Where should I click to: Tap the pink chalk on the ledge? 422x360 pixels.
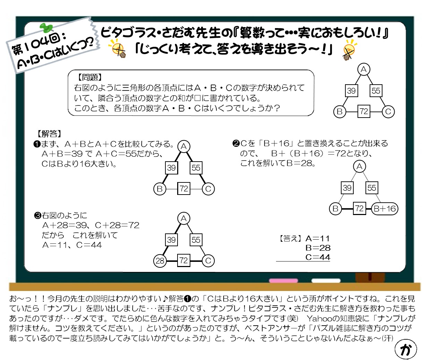coord(283,281)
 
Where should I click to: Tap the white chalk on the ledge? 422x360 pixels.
coord(326,281)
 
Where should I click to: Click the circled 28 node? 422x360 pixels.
coord(160,261)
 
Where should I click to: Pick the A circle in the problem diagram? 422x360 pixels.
coord(363,70)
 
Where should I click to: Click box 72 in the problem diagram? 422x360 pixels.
coord(363,111)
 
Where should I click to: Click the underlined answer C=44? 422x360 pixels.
coord(318,257)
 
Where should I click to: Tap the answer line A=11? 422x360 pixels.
coord(317,239)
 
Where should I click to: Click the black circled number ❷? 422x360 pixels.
coord(236,144)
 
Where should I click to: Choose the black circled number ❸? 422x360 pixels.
coord(38,216)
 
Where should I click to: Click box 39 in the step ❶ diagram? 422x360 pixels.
coord(171,168)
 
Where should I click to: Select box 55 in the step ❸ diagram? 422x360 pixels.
coord(196,240)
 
